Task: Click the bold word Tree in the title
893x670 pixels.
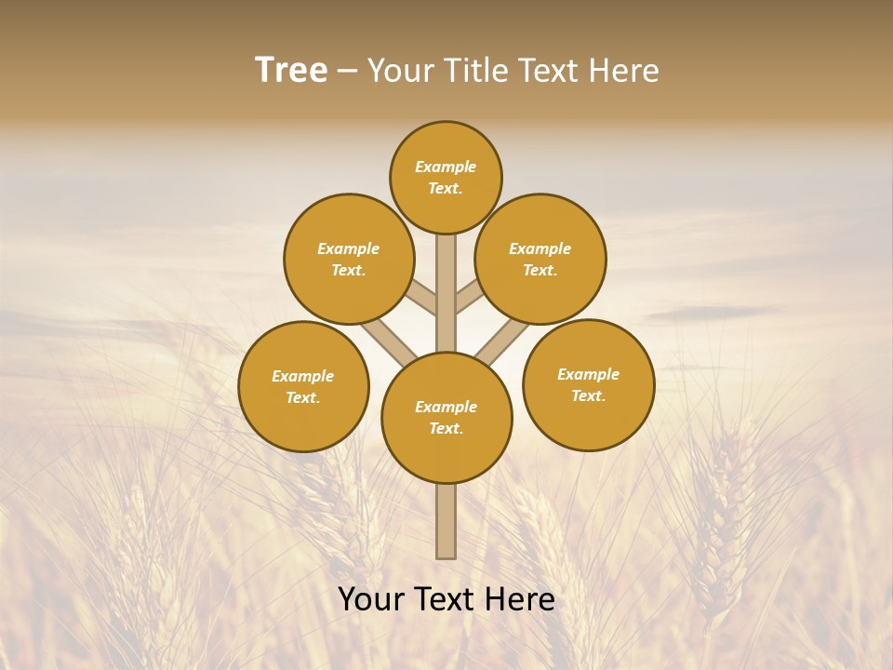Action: (291, 71)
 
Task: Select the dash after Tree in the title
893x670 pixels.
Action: (347, 72)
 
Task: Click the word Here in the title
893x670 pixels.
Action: (622, 71)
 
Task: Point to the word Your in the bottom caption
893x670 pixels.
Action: (372, 599)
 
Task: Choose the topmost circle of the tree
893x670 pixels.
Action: (446, 177)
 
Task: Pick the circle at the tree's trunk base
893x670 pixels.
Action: (446, 418)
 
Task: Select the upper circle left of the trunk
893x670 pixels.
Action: (349, 259)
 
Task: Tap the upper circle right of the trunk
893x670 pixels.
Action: (540, 259)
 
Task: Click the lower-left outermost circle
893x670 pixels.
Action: (303, 386)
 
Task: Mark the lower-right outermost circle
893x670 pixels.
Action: (588, 384)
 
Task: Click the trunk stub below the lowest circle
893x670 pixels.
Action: (446, 521)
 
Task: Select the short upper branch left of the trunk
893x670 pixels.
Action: (422, 299)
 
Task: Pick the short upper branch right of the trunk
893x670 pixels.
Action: (468, 299)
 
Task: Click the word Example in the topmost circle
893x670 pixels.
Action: (446, 167)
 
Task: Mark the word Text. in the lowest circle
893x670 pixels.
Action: (446, 428)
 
